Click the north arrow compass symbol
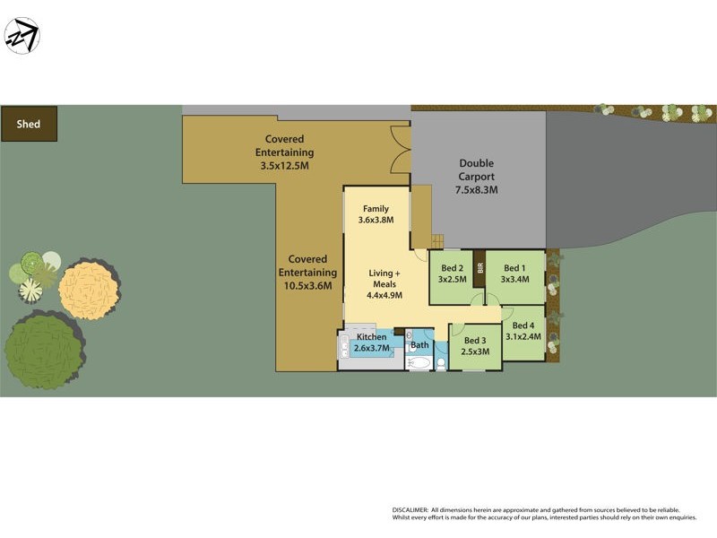[22, 36]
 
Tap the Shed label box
[29, 124]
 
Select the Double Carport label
[476, 177]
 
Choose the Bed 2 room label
[451, 273]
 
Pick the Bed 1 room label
[515, 273]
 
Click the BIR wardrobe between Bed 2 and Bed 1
[479, 268]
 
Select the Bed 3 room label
[475, 345]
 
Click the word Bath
[419, 344]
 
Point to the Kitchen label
[371, 337]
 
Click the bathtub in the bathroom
[419, 363]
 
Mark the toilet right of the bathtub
[440, 363]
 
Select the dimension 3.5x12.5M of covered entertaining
[284, 165]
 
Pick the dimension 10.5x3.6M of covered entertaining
[307, 285]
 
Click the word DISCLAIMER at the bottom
[410, 508]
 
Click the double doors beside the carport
[401, 148]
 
